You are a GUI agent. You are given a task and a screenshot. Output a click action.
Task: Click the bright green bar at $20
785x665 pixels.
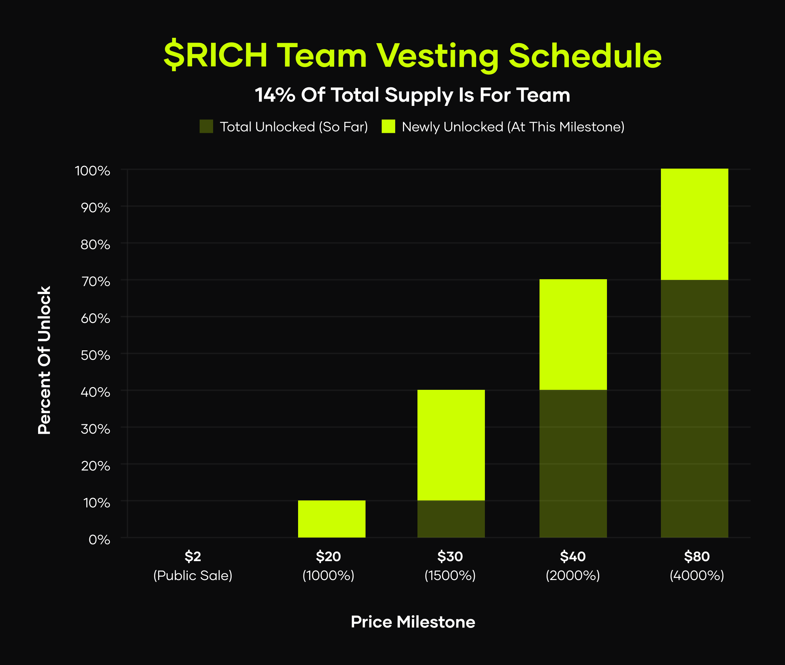332,519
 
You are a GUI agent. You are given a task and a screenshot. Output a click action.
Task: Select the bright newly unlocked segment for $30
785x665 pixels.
451,445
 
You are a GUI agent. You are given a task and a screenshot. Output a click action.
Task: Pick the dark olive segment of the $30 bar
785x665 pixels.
451,519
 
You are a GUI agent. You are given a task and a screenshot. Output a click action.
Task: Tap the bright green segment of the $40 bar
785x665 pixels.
573,335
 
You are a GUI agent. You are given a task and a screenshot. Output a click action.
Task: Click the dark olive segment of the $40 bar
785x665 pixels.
573,463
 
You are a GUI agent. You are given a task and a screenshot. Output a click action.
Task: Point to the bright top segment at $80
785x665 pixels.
695,224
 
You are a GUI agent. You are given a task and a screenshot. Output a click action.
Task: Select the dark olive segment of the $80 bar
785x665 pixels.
695,408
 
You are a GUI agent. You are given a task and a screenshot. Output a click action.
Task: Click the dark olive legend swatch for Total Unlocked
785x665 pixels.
206,126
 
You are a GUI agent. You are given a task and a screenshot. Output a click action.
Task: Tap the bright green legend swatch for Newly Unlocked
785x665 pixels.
388,126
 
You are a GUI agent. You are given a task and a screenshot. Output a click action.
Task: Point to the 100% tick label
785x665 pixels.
93,171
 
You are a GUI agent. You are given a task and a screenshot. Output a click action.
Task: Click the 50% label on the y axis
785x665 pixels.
95,355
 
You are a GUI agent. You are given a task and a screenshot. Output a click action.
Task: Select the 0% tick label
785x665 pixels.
99,540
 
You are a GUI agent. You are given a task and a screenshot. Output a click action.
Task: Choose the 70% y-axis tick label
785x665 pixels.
95,282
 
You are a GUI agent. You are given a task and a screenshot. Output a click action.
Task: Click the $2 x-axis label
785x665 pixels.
193,556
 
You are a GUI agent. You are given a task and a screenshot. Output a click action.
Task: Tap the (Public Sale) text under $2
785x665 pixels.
193,576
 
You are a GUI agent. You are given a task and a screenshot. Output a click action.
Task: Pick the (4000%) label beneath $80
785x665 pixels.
697,576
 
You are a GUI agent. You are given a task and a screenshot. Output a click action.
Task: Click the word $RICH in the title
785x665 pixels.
215,55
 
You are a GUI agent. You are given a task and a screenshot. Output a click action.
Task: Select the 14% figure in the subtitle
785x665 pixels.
275,95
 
